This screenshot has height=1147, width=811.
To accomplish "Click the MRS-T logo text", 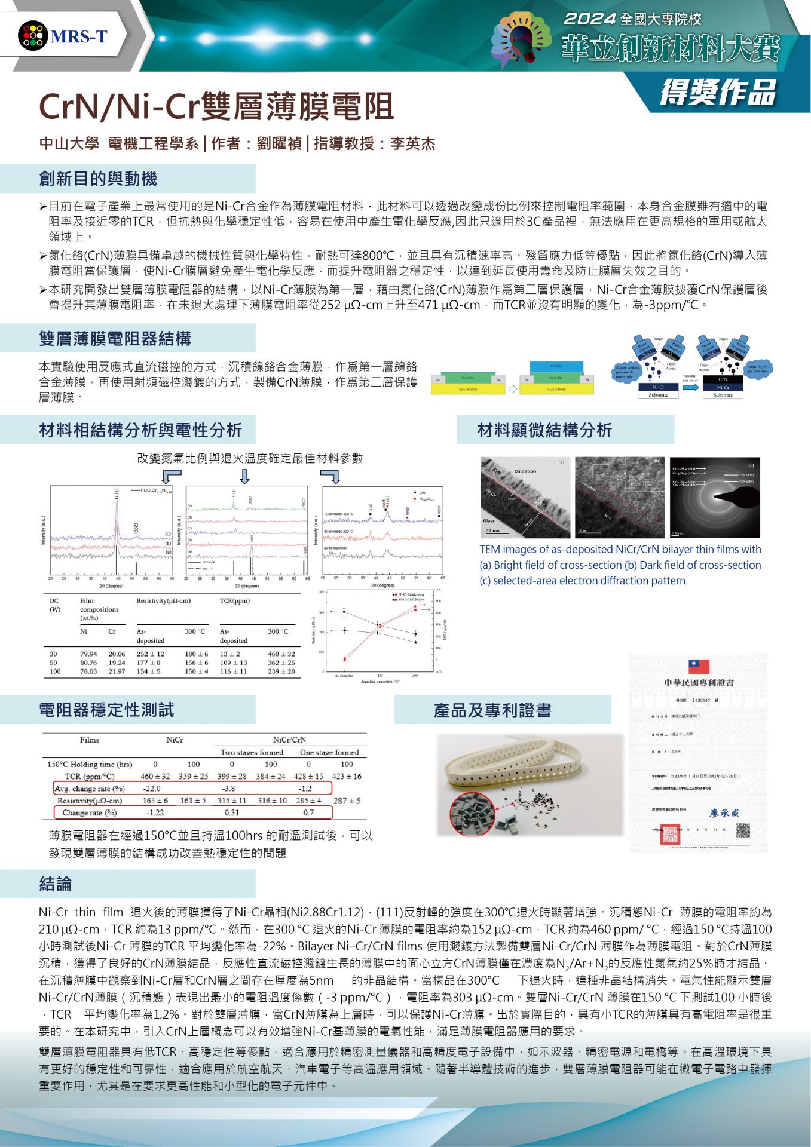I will click(78, 36).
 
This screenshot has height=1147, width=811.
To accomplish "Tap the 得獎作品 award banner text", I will click(718, 93).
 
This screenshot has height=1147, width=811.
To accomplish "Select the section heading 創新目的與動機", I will click(98, 179).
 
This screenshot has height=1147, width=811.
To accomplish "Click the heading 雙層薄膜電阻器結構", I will click(115, 339).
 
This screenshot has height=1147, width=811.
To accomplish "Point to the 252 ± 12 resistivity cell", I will click(150, 654).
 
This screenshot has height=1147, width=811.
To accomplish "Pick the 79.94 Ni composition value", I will click(88, 654).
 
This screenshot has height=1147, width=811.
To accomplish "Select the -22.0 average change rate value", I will click(152, 789).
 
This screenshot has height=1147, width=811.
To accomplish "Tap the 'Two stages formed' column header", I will click(252, 752).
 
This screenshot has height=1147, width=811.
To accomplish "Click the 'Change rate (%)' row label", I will click(89, 812).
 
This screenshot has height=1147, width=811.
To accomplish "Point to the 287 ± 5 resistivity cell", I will click(347, 801).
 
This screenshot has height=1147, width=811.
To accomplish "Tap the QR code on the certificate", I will click(743, 831).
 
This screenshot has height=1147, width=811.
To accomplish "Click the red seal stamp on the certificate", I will click(669, 834).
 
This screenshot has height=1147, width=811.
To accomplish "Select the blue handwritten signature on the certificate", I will click(724, 812).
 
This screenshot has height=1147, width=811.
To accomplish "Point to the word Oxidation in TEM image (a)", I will click(525, 471).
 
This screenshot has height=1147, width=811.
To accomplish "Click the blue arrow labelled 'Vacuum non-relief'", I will click(690, 388).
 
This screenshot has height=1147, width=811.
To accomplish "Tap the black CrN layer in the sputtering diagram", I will click(723, 379).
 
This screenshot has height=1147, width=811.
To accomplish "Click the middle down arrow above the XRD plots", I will click(244, 476).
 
